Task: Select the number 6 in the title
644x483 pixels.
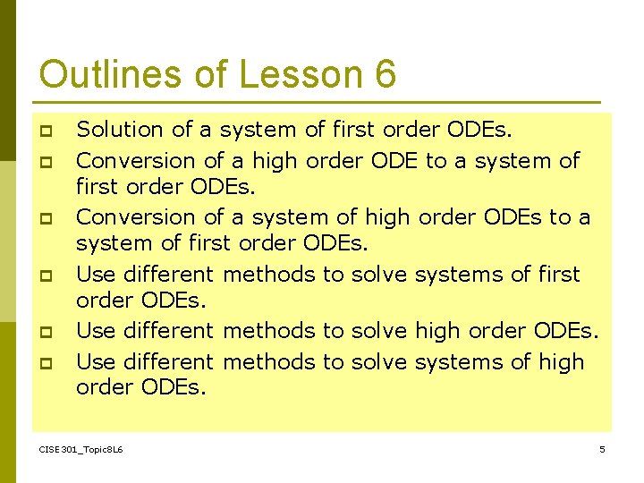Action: [386, 74]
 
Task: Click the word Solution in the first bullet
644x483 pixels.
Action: [120, 130]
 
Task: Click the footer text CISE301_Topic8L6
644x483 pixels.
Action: [81, 449]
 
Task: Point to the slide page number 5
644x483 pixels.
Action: [602, 449]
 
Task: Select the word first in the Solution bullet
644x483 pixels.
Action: [353, 130]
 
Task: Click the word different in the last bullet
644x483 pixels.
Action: [169, 362]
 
